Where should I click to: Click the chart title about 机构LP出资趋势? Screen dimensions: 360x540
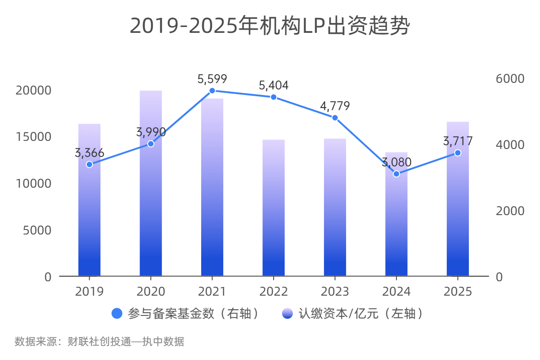[270, 26]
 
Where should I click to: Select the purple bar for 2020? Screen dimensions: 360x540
[151, 202]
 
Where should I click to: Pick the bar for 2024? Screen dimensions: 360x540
[396, 225]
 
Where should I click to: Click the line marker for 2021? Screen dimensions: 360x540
[212, 91]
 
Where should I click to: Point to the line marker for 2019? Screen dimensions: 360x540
[89, 164]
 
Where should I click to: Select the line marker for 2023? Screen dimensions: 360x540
[335, 117]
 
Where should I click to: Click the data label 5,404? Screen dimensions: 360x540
[274, 85]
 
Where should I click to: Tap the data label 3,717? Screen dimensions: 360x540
[458, 141]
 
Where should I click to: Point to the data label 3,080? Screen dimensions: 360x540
[396, 162]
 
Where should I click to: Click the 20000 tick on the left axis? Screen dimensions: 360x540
[33, 90]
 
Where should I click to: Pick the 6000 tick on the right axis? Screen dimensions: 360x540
[510, 79]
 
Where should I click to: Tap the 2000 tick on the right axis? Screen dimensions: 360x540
[510, 211]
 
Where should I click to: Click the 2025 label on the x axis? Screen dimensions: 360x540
[458, 292]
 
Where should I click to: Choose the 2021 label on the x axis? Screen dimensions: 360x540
[212, 292]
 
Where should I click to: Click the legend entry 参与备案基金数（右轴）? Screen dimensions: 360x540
[187, 314]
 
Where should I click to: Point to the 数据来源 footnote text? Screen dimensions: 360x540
[99, 342]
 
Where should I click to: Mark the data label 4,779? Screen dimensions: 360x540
[335, 106]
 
